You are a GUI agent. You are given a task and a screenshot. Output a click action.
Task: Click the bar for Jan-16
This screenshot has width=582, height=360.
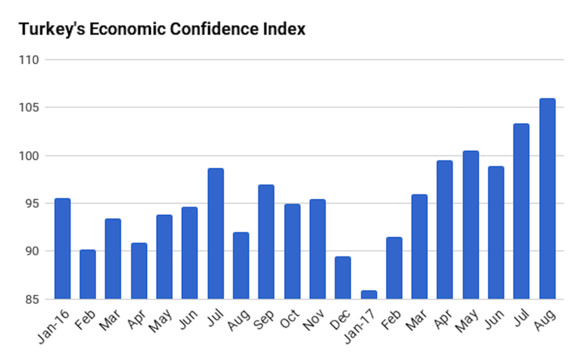pos(62,249)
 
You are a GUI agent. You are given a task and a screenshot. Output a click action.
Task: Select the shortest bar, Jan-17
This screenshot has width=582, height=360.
pos(368,295)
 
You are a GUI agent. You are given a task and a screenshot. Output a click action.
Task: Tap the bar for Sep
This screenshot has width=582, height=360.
pos(266,242)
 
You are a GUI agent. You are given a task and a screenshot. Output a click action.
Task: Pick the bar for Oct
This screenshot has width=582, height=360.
pos(291,252)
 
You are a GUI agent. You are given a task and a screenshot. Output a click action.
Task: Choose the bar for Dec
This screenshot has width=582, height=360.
pos(342,278)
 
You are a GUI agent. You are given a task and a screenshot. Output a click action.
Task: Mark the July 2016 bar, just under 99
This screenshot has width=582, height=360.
pos(216,234)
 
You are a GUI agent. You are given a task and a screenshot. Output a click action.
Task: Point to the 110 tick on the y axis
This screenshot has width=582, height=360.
pos(31,60)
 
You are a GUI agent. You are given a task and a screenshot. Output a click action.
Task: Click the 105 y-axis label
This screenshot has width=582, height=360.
pos(31,107)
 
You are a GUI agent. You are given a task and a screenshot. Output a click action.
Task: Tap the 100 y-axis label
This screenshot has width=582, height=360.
pos(31,156)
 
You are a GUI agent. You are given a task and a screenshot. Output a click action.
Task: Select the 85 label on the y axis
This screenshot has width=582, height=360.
pos(34,300)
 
